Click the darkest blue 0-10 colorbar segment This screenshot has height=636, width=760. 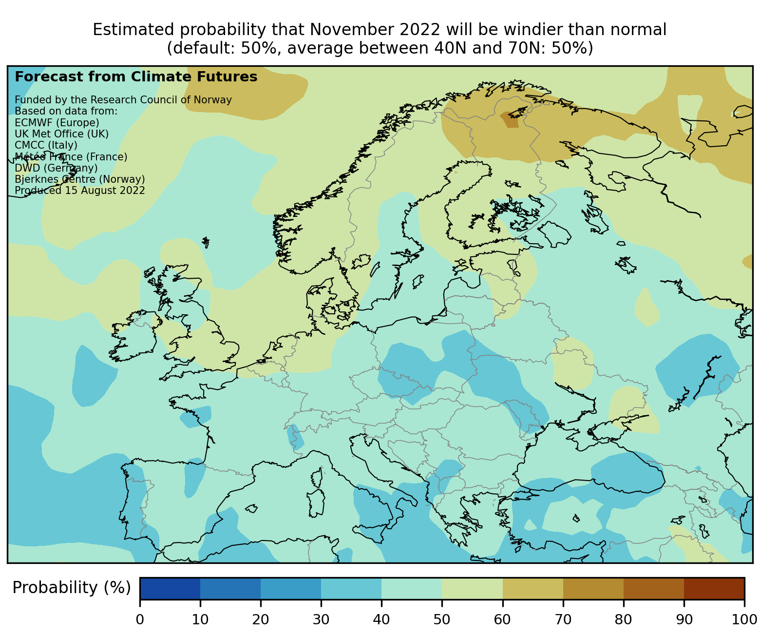[x=170, y=588]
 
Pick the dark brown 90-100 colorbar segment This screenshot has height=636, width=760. [x=714, y=588]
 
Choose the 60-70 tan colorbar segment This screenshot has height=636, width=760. [x=532, y=588]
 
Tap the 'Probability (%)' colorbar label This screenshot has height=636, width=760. [x=72, y=588]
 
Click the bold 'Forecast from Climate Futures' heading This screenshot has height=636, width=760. [x=136, y=77]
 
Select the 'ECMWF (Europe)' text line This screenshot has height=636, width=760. [x=57, y=122]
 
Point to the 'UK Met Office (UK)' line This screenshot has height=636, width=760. [x=62, y=134]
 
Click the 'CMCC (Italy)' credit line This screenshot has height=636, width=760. [x=46, y=145]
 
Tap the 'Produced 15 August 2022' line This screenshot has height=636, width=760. [x=80, y=190]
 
